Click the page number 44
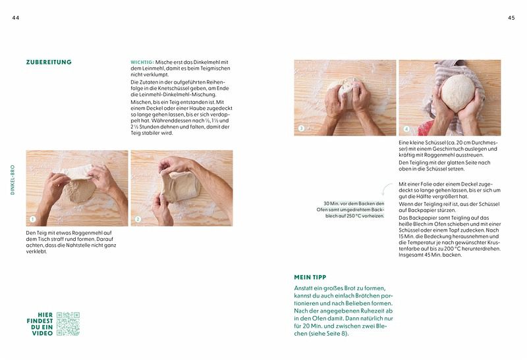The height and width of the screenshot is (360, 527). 15,18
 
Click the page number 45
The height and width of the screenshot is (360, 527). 511,18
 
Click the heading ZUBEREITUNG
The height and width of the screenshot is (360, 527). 49,62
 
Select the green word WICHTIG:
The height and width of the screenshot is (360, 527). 142,62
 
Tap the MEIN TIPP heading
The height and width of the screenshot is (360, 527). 310,277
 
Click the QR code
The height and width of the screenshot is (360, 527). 68,324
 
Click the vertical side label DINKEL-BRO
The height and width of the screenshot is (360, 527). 13,180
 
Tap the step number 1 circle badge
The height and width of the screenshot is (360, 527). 32,219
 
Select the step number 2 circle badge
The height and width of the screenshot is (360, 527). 138,219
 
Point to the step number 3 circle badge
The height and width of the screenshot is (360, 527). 301,128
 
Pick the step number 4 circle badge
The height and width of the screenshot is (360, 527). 406,129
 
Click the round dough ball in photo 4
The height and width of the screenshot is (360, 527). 458,93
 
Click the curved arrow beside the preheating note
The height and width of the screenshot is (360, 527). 386,189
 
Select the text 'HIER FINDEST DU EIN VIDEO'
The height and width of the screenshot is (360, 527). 40,324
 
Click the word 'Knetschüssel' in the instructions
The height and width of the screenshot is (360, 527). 174,89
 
